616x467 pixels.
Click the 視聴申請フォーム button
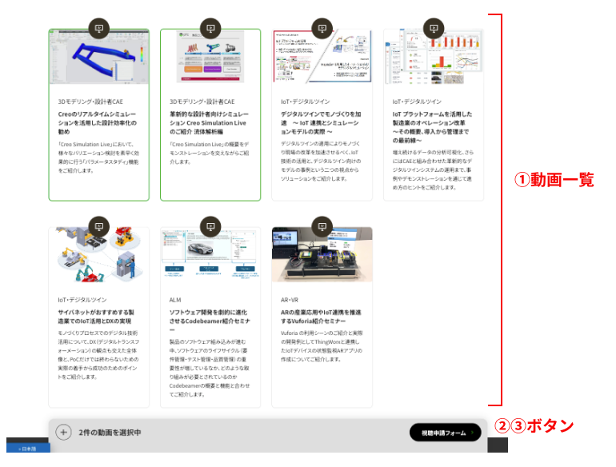click(x=445, y=433)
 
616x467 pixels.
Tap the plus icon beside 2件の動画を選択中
click(x=63, y=433)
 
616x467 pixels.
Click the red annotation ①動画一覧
click(x=554, y=180)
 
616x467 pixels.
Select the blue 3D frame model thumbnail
click(x=98, y=58)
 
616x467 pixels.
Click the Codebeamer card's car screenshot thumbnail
click(x=210, y=255)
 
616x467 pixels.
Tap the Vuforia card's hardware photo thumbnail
click(x=322, y=255)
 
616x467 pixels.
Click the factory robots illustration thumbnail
click(x=98, y=255)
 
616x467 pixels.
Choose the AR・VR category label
click(x=290, y=300)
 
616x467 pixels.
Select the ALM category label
click(x=175, y=300)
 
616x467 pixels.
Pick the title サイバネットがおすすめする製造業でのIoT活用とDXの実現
click(x=98, y=317)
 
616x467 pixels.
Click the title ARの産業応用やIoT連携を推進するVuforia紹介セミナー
click(x=322, y=317)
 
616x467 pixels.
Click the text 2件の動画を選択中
click(x=110, y=433)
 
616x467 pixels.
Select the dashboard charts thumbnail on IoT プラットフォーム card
click(x=433, y=58)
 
